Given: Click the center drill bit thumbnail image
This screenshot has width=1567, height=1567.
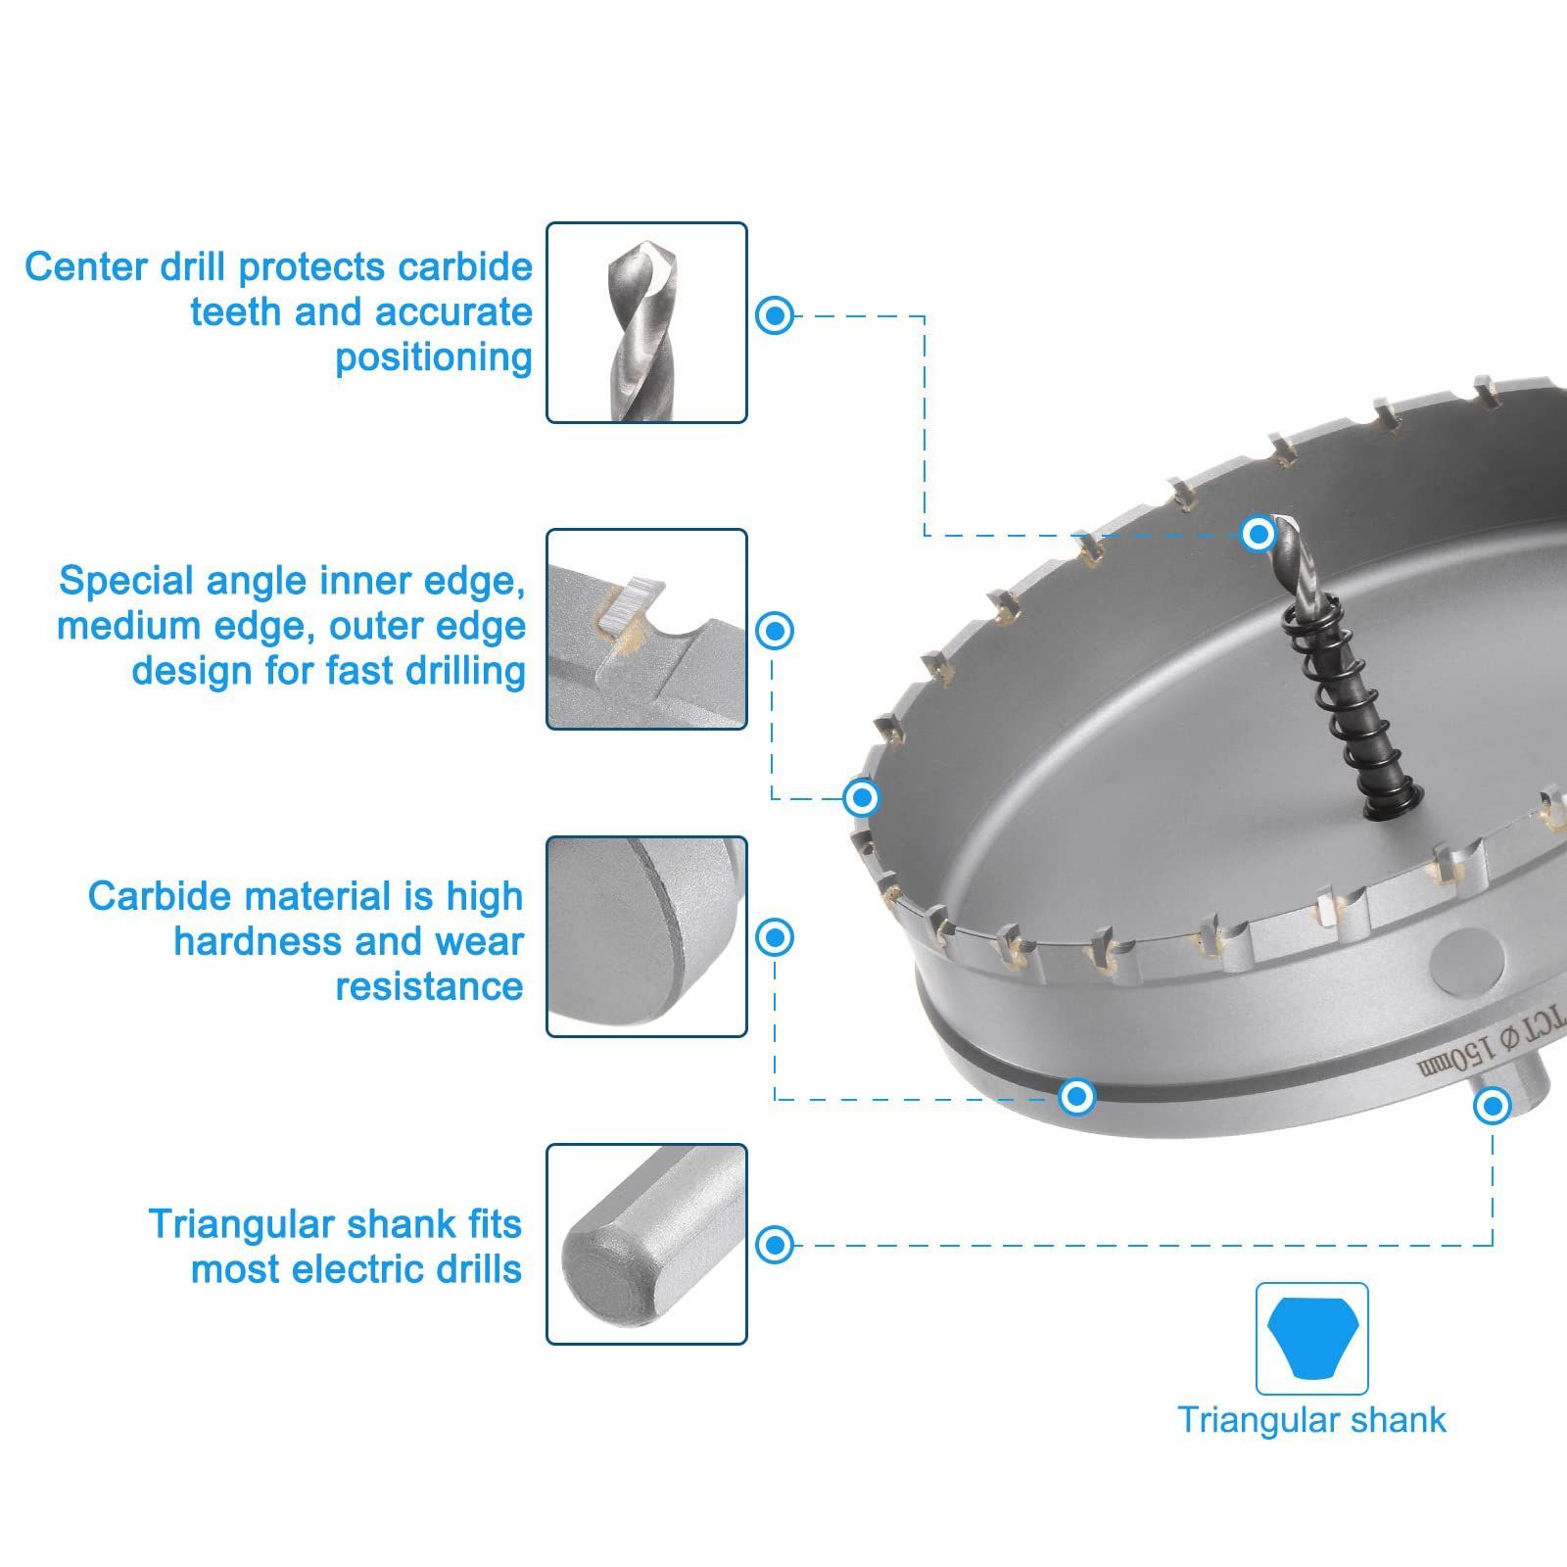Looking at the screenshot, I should pos(646,322).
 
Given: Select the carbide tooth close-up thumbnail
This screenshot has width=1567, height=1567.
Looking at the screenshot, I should pos(646,629).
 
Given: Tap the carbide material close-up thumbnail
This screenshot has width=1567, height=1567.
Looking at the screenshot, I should pos(646,936).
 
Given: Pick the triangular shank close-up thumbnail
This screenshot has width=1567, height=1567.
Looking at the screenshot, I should pos(646,1244).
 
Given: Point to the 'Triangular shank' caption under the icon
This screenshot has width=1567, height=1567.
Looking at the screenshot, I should pos(1311,1420).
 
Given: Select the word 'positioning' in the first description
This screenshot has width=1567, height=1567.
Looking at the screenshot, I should pos(434,357).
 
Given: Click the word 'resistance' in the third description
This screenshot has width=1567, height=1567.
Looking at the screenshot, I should pos(429,986).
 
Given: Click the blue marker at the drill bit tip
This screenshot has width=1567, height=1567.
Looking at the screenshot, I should pos(1258,534).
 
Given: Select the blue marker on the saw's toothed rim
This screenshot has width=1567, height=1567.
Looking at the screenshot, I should pos(862,797).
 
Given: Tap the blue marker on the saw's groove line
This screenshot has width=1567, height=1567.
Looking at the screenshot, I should pos(1077,1096).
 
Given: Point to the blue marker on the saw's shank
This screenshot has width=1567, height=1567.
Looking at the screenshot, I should pos(1493,1107).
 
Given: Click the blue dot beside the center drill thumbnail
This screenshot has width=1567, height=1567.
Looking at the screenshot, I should pos(775,315).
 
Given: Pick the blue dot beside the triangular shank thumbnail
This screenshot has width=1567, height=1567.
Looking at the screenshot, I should pos(775,1245).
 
